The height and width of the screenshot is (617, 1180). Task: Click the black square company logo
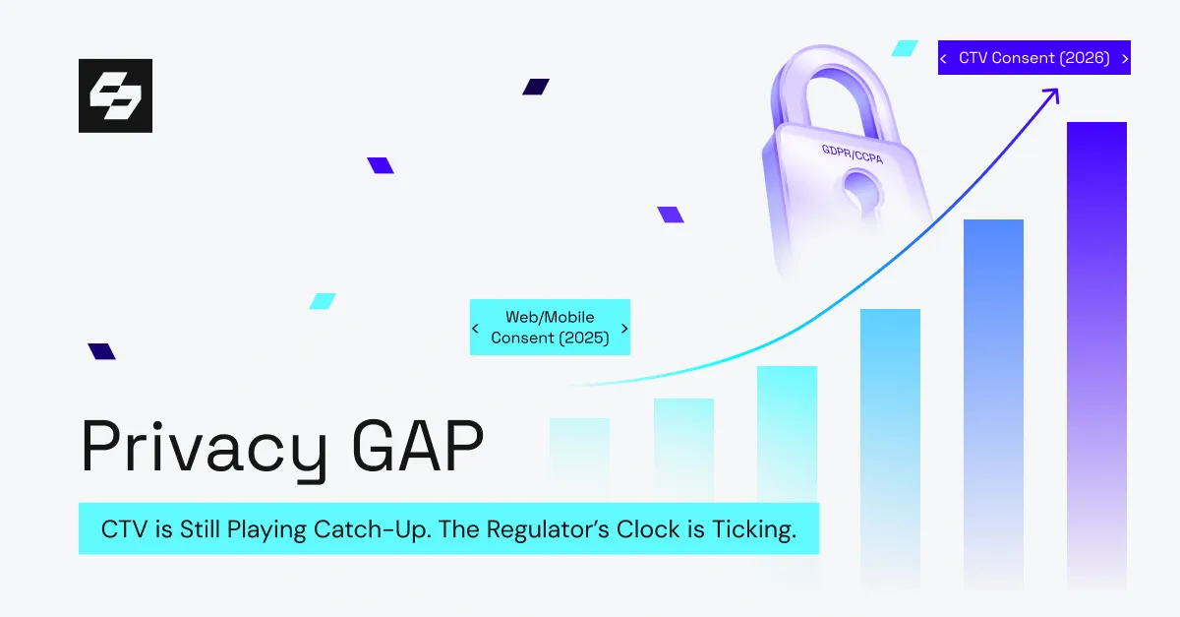coord(115,95)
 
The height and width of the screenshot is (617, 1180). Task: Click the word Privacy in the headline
coord(204,450)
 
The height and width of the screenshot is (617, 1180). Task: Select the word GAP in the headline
coord(417,446)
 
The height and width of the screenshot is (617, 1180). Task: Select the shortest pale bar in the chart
coord(579,459)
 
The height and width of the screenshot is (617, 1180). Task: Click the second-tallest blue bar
coord(993,403)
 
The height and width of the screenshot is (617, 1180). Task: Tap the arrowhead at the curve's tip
coord(1052,94)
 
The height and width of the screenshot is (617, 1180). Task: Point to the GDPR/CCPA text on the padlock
coord(852,154)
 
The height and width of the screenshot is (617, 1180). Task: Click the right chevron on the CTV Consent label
coord(1125,58)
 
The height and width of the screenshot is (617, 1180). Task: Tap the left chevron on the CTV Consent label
coord(943,58)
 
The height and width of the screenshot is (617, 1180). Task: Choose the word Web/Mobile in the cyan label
coord(550,317)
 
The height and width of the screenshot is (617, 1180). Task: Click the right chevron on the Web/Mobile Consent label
coord(624,329)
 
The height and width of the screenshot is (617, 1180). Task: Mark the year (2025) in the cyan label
coord(584,339)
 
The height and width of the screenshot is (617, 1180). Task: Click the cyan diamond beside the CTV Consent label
coord(905,48)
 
